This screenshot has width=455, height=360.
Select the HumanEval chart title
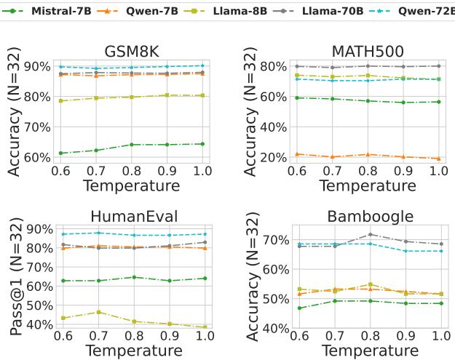coord(130,217)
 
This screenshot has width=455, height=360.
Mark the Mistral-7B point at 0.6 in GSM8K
coord(61,153)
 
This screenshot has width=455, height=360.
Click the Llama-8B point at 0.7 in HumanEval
coord(97,312)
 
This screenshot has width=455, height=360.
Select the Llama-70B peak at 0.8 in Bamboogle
coord(370,234)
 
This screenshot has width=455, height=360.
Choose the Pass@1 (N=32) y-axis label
coord(16,273)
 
